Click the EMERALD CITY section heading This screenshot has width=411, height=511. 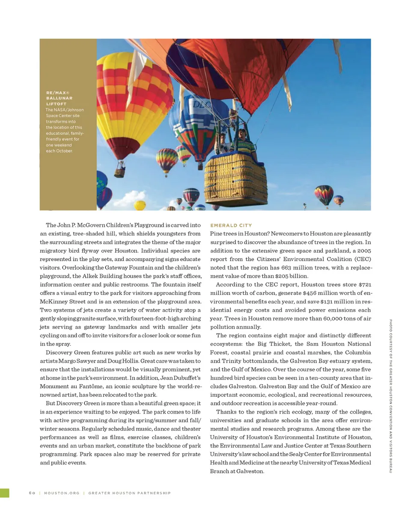pyautogui.click(x=231, y=225)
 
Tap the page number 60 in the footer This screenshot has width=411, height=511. pyautogui.click(x=32, y=493)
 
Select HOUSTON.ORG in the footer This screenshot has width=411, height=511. pyautogui.click(x=62, y=493)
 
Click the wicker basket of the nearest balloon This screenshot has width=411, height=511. pyautogui.click(x=235, y=179)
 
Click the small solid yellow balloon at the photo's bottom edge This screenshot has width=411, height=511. pyautogui.click(x=140, y=206)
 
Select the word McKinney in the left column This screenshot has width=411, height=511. pyautogui.click(x=54, y=301)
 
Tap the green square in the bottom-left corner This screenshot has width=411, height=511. pyautogui.click(x=4, y=493)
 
